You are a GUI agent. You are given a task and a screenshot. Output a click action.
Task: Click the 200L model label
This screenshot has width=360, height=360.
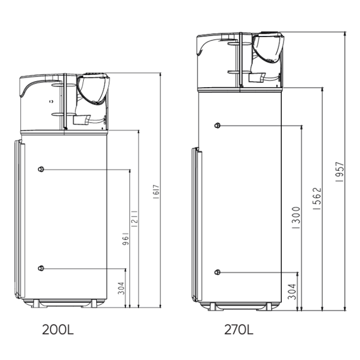[x=58, y=330]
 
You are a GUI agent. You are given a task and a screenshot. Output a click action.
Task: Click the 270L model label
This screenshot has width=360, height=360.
[x=238, y=330]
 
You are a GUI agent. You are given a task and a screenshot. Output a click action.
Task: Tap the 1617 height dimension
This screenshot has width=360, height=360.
[x=156, y=191]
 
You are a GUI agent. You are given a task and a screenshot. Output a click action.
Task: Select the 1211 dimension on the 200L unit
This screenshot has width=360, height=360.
[x=134, y=219]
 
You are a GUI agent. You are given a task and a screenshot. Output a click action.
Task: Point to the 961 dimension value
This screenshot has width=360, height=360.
[x=125, y=238]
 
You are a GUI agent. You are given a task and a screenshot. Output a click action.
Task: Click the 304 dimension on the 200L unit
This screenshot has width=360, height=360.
[x=121, y=288]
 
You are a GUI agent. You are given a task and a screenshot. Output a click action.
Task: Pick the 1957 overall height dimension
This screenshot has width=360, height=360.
[x=340, y=172]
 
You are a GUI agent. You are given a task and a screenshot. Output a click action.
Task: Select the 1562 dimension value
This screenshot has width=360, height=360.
[x=317, y=199]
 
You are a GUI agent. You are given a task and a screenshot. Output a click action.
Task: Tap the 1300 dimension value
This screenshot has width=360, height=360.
[x=296, y=218]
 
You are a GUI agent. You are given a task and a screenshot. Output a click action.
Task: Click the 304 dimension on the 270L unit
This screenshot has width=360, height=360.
[x=292, y=292]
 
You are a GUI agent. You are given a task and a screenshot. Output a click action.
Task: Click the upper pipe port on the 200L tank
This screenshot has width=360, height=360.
[x=41, y=169]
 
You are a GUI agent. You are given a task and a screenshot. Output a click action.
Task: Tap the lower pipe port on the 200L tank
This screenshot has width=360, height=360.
[x=41, y=268]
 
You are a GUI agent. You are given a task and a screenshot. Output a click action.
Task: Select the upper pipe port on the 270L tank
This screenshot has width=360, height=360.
[x=217, y=125]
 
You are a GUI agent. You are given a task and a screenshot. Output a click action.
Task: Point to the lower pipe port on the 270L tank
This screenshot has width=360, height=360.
[x=217, y=272]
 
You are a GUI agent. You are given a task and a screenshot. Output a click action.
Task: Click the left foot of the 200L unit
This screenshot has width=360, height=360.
[x=35, y=304]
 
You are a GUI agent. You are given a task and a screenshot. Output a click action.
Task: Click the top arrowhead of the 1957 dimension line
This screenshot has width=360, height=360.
[x=345, y=34]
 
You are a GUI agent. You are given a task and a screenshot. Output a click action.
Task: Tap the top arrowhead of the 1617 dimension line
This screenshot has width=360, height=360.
[x=160, y=75]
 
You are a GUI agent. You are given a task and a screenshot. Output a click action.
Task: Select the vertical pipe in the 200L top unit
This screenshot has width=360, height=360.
[x=65, y=101]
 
